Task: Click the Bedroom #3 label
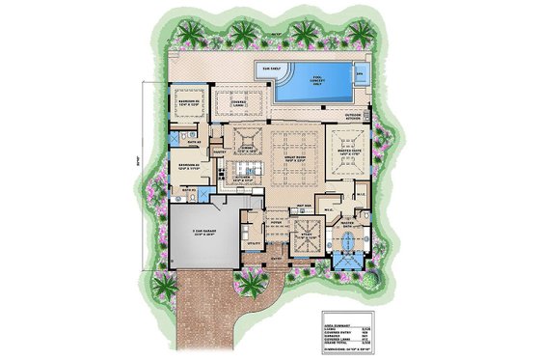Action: click(x=187, y=102)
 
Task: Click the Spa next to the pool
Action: click(x=360, y=72)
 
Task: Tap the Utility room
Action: click(x=254, y=244)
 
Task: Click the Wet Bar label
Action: click(x=302, y=206)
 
